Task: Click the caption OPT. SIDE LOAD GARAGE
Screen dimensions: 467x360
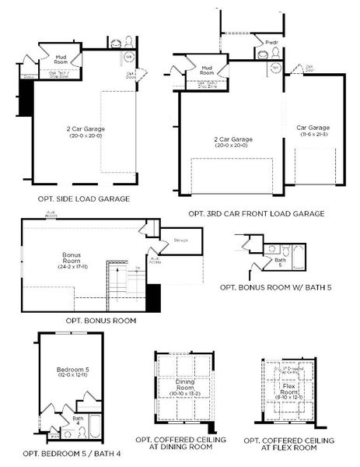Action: (83, 198)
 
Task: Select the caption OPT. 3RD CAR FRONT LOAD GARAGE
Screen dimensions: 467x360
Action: (256, 213)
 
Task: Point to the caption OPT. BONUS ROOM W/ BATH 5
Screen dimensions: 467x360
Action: (276, 288)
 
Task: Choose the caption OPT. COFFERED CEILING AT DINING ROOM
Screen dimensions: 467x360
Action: (184, 444)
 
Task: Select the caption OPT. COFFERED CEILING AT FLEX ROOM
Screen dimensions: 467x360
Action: (289, 444)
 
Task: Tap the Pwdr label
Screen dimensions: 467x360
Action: (271, 42)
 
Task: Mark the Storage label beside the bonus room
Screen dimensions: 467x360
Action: (180, 240)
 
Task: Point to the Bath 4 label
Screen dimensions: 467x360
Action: (78, 421)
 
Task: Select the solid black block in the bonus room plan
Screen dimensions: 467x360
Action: (153, 298)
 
